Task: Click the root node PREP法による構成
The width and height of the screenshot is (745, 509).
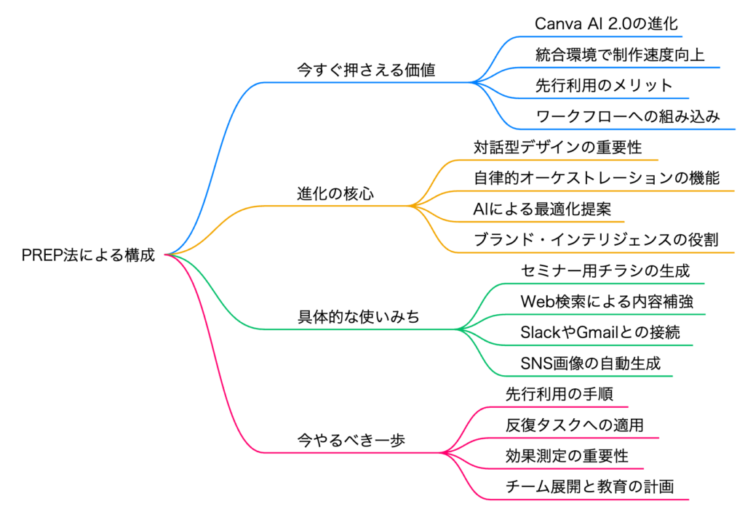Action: (x=89, y=255)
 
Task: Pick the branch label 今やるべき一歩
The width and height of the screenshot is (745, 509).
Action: (x=351, y=441)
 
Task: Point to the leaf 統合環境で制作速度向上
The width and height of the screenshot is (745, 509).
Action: (x=620, y=55)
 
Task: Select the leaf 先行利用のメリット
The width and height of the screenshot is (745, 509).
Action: (x=604, y=85)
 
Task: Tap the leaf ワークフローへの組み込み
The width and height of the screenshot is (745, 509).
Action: (x=628, y=116)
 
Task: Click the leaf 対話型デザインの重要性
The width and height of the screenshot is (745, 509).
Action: (x=557, y=147)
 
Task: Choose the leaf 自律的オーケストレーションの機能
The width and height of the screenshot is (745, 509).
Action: (x=596, y=177)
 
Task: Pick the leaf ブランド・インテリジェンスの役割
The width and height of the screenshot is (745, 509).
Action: (x=596, y=239)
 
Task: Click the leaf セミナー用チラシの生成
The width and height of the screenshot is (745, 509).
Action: (x=605, y=270)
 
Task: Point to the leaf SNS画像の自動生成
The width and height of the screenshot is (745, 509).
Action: (x=591, y=363)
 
